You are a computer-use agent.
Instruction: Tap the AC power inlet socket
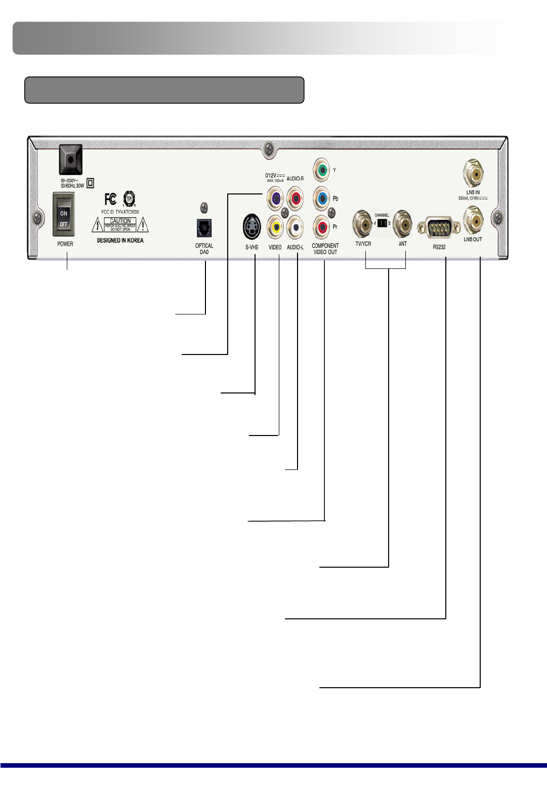71,160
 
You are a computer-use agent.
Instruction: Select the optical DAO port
204,228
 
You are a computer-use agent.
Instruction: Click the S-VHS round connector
251,226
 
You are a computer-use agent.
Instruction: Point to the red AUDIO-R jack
295,197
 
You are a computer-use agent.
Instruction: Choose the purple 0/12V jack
275,198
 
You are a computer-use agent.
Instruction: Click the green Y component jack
321,170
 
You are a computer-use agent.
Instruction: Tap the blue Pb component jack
321,198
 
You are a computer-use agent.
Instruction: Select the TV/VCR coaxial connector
363,223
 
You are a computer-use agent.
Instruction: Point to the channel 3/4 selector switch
382,223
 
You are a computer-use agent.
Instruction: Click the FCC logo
110,199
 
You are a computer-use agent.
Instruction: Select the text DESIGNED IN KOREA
120,241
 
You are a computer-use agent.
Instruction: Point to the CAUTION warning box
120,224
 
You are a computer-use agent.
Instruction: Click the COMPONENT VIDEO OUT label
325,249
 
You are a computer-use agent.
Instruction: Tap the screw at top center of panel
269,149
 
